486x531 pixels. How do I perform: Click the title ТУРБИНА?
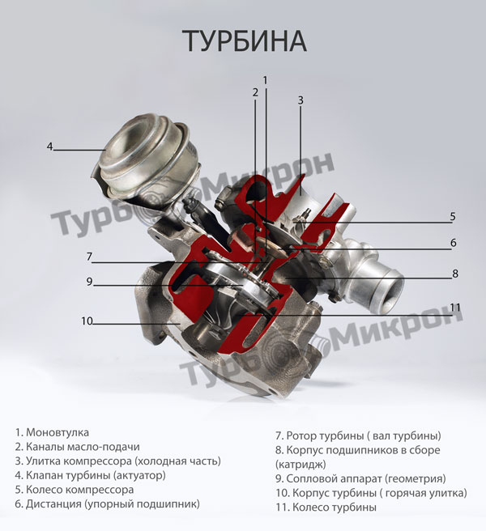245,41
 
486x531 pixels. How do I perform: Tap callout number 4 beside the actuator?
50,147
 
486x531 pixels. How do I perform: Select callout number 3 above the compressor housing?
301,100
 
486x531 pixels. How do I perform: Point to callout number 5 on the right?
453,216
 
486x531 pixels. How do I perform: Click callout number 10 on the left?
87,321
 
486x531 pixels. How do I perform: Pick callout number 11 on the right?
455,307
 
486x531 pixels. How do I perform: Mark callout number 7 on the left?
89,257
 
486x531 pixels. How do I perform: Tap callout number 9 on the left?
89,282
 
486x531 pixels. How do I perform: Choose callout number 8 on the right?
455,274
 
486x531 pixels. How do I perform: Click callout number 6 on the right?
453,243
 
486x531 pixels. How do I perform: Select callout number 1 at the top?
266,80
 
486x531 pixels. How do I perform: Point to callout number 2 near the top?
255,92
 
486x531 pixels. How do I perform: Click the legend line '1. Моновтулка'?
52,432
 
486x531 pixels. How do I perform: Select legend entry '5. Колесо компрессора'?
75,490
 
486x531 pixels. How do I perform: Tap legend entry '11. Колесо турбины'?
326,508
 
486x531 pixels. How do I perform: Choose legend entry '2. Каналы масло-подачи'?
77,447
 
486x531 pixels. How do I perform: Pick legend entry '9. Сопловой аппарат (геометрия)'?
360,478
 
